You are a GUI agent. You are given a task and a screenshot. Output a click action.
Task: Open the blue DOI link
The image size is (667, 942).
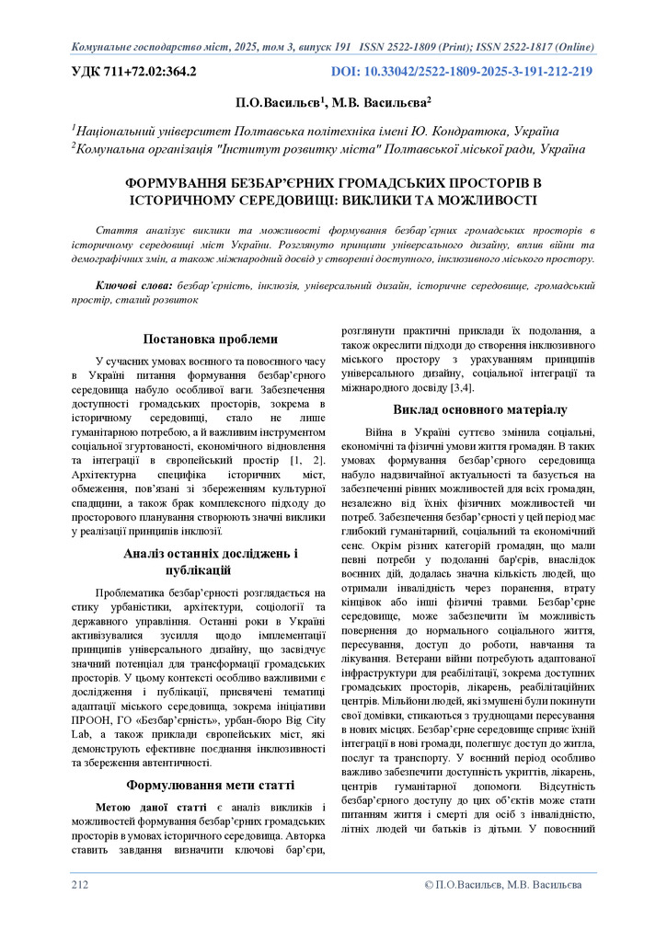coord(462,71)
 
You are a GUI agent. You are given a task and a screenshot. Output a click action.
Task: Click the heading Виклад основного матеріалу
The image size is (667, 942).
coord(467,408)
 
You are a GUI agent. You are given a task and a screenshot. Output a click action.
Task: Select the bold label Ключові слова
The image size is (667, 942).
coord(134,286)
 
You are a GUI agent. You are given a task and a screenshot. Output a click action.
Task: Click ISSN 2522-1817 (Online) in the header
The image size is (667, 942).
coord(534,45)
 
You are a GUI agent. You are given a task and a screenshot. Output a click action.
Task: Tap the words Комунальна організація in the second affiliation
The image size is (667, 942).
coord(145,148)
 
